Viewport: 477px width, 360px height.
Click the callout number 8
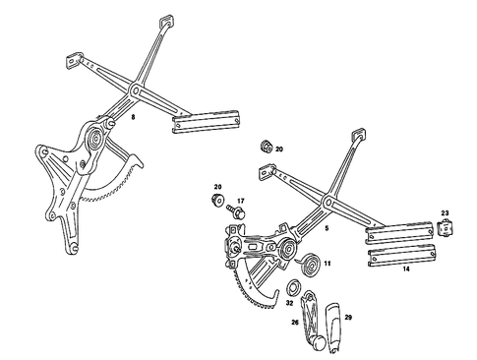[x=134, y=118]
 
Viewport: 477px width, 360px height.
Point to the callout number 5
[x=326, y=227]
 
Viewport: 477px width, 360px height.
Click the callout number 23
[x=445, y=213]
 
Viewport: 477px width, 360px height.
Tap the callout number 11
[x=328, y=264]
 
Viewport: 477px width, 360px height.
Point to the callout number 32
[x=289, y=304]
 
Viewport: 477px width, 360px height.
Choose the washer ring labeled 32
[x=293, y=289]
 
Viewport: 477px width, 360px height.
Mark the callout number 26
[x=295, y=321]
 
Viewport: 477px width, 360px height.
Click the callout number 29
[x=347, y=317]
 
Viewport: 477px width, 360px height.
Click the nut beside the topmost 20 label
[x=267, y=149]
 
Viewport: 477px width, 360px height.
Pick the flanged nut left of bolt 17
[x=214, y=203]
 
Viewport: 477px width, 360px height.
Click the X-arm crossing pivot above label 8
[x=135, y=91]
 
